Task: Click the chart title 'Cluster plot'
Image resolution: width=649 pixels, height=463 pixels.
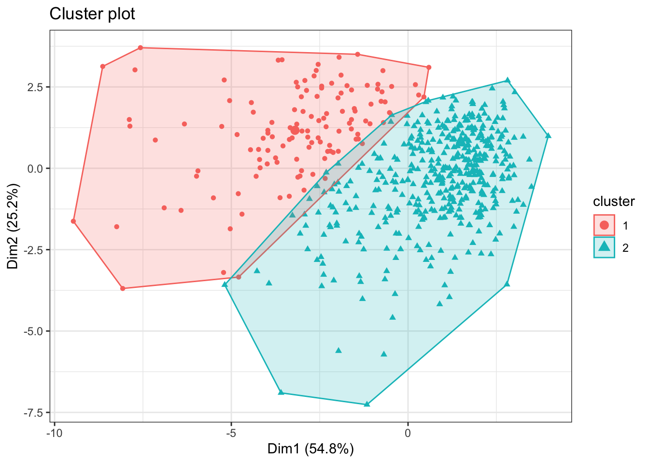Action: click(x=92, y=14)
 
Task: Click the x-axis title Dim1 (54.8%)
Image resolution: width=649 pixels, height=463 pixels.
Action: click(x=310, y=449)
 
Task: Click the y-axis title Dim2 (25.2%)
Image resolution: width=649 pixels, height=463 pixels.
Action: click(x=13, y=226)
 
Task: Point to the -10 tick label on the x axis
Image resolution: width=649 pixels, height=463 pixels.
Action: click(x=54, y=433)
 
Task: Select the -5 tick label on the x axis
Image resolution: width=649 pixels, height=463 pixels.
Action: click(x=231, y=433)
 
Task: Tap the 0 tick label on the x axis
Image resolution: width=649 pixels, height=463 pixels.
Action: click(x=408, y=433)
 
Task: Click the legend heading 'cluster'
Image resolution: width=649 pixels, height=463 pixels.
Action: click(x=614, y=202)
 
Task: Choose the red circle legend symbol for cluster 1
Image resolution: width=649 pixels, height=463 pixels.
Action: click(x=604, y=225)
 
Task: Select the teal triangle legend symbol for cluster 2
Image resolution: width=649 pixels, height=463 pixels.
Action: click(x=604, y=247)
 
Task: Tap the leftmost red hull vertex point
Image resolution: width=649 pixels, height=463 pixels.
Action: click(x=73, y=221)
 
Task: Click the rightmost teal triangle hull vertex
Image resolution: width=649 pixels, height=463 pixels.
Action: click(x=548, y=136)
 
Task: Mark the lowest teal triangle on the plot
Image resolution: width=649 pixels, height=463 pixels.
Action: click(x=367, y=404)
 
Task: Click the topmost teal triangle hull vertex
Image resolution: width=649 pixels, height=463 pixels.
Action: click(x=508, y=80)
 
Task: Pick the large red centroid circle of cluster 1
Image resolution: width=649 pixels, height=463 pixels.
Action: click(x=295, y=130)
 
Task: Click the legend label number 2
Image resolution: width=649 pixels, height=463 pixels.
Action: click(x=625, y=248)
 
